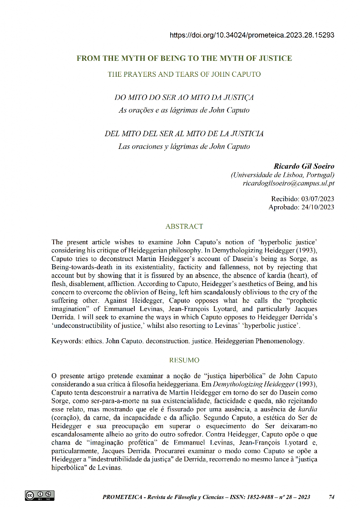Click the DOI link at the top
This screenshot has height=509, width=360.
252,35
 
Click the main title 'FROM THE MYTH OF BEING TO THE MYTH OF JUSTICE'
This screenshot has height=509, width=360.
184,58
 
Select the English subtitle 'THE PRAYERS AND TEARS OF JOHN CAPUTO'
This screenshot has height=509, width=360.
184,74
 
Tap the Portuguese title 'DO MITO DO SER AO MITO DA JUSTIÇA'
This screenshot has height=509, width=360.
184,98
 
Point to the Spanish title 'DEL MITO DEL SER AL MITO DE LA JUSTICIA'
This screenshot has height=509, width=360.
184,134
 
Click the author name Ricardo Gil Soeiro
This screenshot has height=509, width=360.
304,167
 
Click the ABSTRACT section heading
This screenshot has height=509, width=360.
184,226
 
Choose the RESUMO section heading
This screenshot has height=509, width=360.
184,360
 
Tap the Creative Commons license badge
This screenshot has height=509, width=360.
40,495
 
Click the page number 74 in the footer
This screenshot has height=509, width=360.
331,497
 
